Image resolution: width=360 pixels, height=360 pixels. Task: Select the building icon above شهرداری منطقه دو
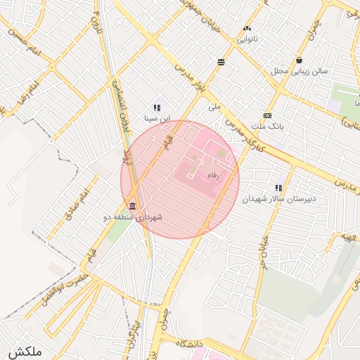coord(132,205)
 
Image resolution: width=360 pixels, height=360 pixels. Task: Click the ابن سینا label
coord(157,119)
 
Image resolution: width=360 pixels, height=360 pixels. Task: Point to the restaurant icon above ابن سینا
coord(157,108)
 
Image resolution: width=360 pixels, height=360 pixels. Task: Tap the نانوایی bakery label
coord(247,39)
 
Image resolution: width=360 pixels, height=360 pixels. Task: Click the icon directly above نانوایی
coord(247,29)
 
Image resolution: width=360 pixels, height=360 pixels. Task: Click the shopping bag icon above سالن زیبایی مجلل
coord(300,60)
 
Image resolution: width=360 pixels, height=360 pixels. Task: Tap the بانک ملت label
coord(267,126)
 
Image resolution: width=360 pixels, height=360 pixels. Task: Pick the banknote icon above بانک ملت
coord(267,115)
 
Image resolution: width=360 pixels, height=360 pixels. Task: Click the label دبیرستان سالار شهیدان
coord(279,199)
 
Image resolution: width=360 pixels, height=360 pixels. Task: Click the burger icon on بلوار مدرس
coord(221,62)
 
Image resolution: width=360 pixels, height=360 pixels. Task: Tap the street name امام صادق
coord(79,205)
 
